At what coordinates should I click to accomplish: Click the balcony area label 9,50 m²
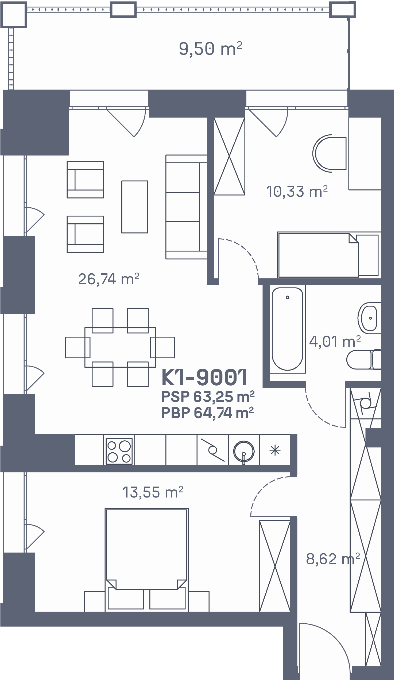point(210,49)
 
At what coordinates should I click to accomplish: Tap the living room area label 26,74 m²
point(109,279)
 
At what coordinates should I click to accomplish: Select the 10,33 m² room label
point(297,192)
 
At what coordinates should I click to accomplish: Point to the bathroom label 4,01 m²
point(335,341)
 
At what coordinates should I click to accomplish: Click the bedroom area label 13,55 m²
point(153,492)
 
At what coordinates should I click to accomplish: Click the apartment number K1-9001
point(204,377)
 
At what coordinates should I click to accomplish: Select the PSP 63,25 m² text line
point(208,397)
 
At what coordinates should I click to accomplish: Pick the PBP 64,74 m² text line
point(207,413)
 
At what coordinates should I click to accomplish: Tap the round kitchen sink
point(244,451)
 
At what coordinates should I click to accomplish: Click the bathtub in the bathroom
point(288,329)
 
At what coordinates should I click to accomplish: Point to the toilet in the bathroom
point(363,359)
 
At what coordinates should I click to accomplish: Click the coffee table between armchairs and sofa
point(135,207)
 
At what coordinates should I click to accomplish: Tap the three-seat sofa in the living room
point(186,207)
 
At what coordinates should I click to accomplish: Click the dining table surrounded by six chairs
point(120,347)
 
